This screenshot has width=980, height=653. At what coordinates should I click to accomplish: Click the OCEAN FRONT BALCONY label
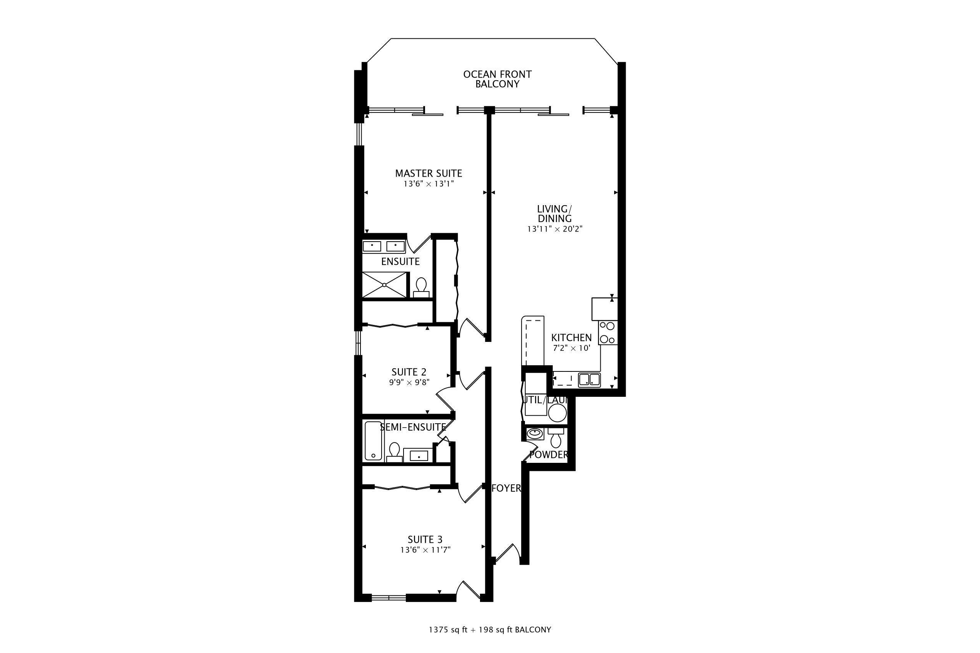(498, 79)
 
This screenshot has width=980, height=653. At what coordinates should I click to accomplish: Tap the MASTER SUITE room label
(429, 173)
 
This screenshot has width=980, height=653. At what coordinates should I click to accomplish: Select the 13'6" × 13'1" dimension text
(429, 184)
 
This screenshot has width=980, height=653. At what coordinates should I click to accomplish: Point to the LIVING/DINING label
(555, 214)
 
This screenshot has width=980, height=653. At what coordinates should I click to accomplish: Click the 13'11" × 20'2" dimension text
(555, 229)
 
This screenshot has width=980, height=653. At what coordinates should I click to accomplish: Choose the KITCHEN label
(571, 338)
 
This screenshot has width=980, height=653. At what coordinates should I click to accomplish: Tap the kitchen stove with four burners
(608, 333)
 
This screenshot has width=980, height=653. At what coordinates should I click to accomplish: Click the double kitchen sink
(589, 380)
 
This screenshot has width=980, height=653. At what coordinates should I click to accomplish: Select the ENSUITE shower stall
(384, 285)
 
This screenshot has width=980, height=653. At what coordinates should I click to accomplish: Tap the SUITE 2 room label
(409, 372)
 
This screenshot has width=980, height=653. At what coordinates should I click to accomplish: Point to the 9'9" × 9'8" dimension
(409, 382)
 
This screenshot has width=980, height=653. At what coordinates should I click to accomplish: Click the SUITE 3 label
(425, 540)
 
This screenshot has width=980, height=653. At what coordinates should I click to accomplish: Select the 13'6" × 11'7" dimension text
(425, 550)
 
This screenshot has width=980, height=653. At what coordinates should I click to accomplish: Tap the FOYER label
(506, 488)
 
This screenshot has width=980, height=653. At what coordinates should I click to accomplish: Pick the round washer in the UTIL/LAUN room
(558, 414)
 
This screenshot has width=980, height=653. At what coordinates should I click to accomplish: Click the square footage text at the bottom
(490, 630)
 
